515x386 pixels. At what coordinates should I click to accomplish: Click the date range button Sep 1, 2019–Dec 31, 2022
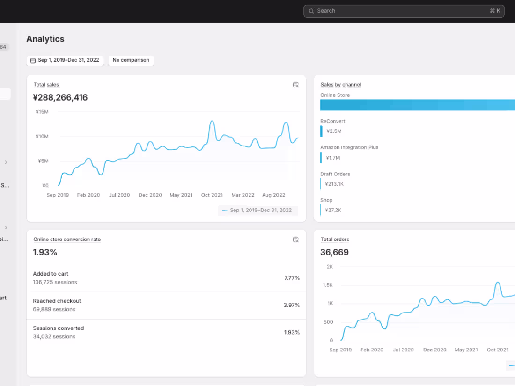pos(65,60)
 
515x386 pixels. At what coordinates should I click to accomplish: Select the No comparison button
pos(131,60)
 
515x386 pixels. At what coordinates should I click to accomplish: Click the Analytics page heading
pos(45,39)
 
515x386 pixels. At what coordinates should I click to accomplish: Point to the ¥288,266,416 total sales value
pos(60,98)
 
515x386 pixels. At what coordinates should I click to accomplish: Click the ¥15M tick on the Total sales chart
pos(42,112)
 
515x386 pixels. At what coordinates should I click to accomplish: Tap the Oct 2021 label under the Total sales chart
pos(212,195)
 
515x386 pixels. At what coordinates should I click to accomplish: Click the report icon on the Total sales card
pos(295,85)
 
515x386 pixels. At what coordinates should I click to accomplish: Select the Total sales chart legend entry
pos(258,211)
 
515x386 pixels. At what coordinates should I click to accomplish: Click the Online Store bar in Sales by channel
pos(417,105)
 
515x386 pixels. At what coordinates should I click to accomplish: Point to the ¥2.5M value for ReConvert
pos(334,131)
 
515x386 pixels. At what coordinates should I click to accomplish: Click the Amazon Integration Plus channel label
pos(349,147)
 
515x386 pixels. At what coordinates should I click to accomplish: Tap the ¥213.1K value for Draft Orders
pos(334,184)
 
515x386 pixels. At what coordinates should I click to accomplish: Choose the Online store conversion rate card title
pos(67,240)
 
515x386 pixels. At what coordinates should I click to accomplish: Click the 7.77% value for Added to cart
pos(292,278)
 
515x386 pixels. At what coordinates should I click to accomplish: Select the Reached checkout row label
pos(57,301)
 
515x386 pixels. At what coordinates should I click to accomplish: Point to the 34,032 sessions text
pos(54,336)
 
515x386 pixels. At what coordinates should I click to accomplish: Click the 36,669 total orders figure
pos(334,253)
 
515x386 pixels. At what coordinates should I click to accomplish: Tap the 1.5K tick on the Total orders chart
pos(327,285)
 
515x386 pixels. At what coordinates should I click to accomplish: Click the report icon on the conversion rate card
pos(295,240)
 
